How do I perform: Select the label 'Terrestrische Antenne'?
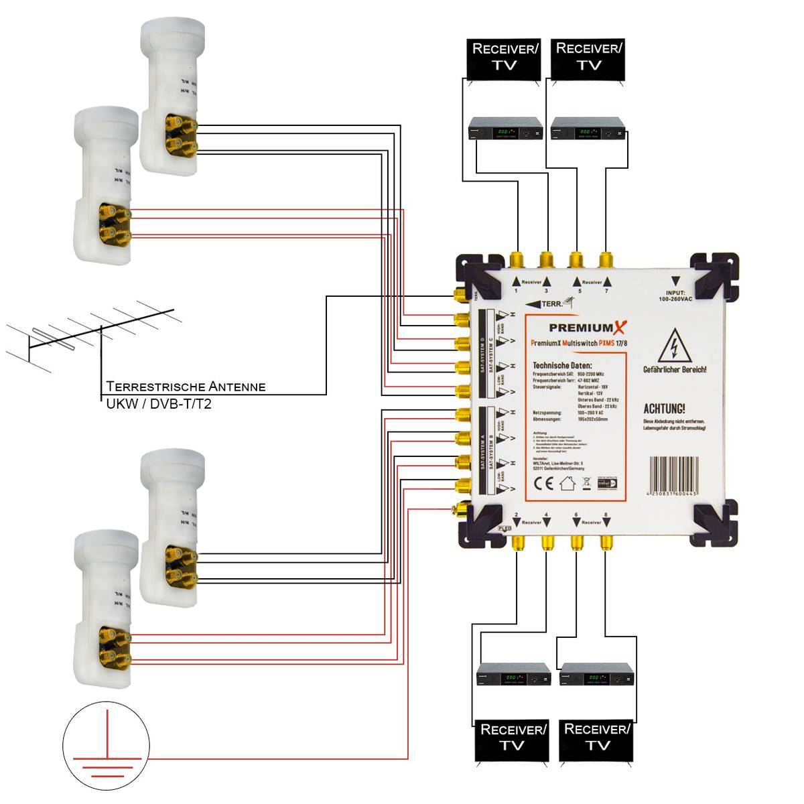186,387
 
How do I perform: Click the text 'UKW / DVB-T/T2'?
159,404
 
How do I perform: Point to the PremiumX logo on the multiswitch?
588,328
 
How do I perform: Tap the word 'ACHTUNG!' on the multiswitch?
664,409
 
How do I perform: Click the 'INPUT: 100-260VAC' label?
675,294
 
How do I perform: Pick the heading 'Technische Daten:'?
562,364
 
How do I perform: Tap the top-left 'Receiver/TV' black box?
505,58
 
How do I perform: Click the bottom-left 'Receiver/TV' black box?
513,739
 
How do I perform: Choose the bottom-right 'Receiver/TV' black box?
597,739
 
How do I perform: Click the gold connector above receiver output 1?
517,259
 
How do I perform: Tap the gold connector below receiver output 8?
606,541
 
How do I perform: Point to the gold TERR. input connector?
459,295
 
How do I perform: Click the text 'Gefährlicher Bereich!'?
675,370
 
